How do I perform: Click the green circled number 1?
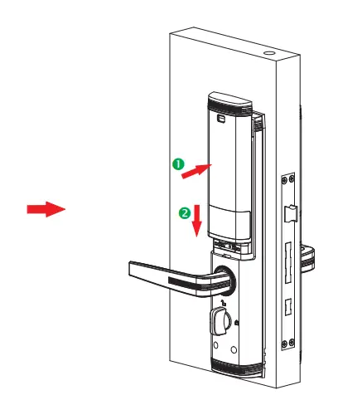point(176,164)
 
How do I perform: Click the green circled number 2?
point(183,212)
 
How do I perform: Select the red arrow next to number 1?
point(195,171)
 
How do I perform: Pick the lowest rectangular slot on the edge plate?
point(288,305)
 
